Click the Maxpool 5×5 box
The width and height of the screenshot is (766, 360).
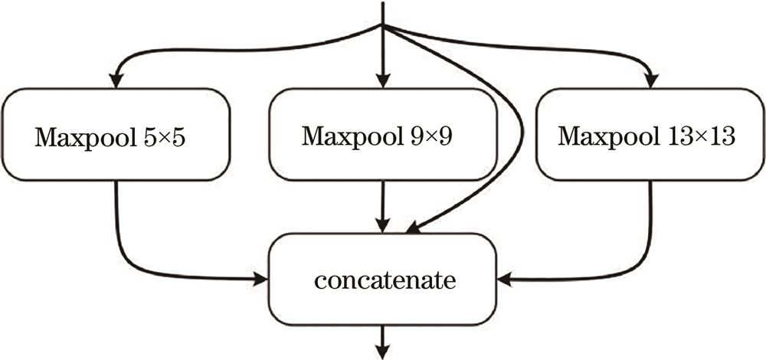[116, 135]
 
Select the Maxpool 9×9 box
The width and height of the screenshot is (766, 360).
[383, 135]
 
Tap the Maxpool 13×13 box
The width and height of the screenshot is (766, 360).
[650, 135]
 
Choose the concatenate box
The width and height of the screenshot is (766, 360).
[383, 280]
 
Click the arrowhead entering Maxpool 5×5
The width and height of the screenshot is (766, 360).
[116, 80]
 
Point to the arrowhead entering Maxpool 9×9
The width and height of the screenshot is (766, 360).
[383, 80]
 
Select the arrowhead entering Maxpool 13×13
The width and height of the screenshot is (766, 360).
[652, 80]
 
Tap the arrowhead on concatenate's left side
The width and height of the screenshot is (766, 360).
[260, 280]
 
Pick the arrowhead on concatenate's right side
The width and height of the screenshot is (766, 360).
[506, 280]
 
